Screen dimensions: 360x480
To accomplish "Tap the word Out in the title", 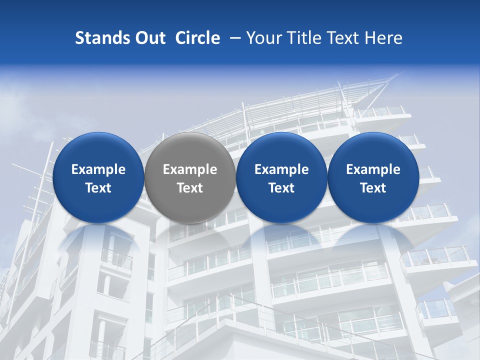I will click(149, 38).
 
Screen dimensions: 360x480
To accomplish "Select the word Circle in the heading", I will click(197, 38).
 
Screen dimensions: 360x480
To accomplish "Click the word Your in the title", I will click(263, 38).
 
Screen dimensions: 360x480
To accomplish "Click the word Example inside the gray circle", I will click(190, 170).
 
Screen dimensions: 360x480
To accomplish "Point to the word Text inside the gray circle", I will click(190, 188).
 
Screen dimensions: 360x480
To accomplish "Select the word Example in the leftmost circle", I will click(98, 170).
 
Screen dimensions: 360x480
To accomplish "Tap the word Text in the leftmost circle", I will click(98, 188).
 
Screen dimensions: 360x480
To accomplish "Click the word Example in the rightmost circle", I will click(373, 170).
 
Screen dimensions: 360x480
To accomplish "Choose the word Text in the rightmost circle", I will click(373, 188).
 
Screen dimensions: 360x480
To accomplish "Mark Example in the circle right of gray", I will click(281, 170).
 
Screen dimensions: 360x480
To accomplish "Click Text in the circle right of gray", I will click(281, 188).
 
